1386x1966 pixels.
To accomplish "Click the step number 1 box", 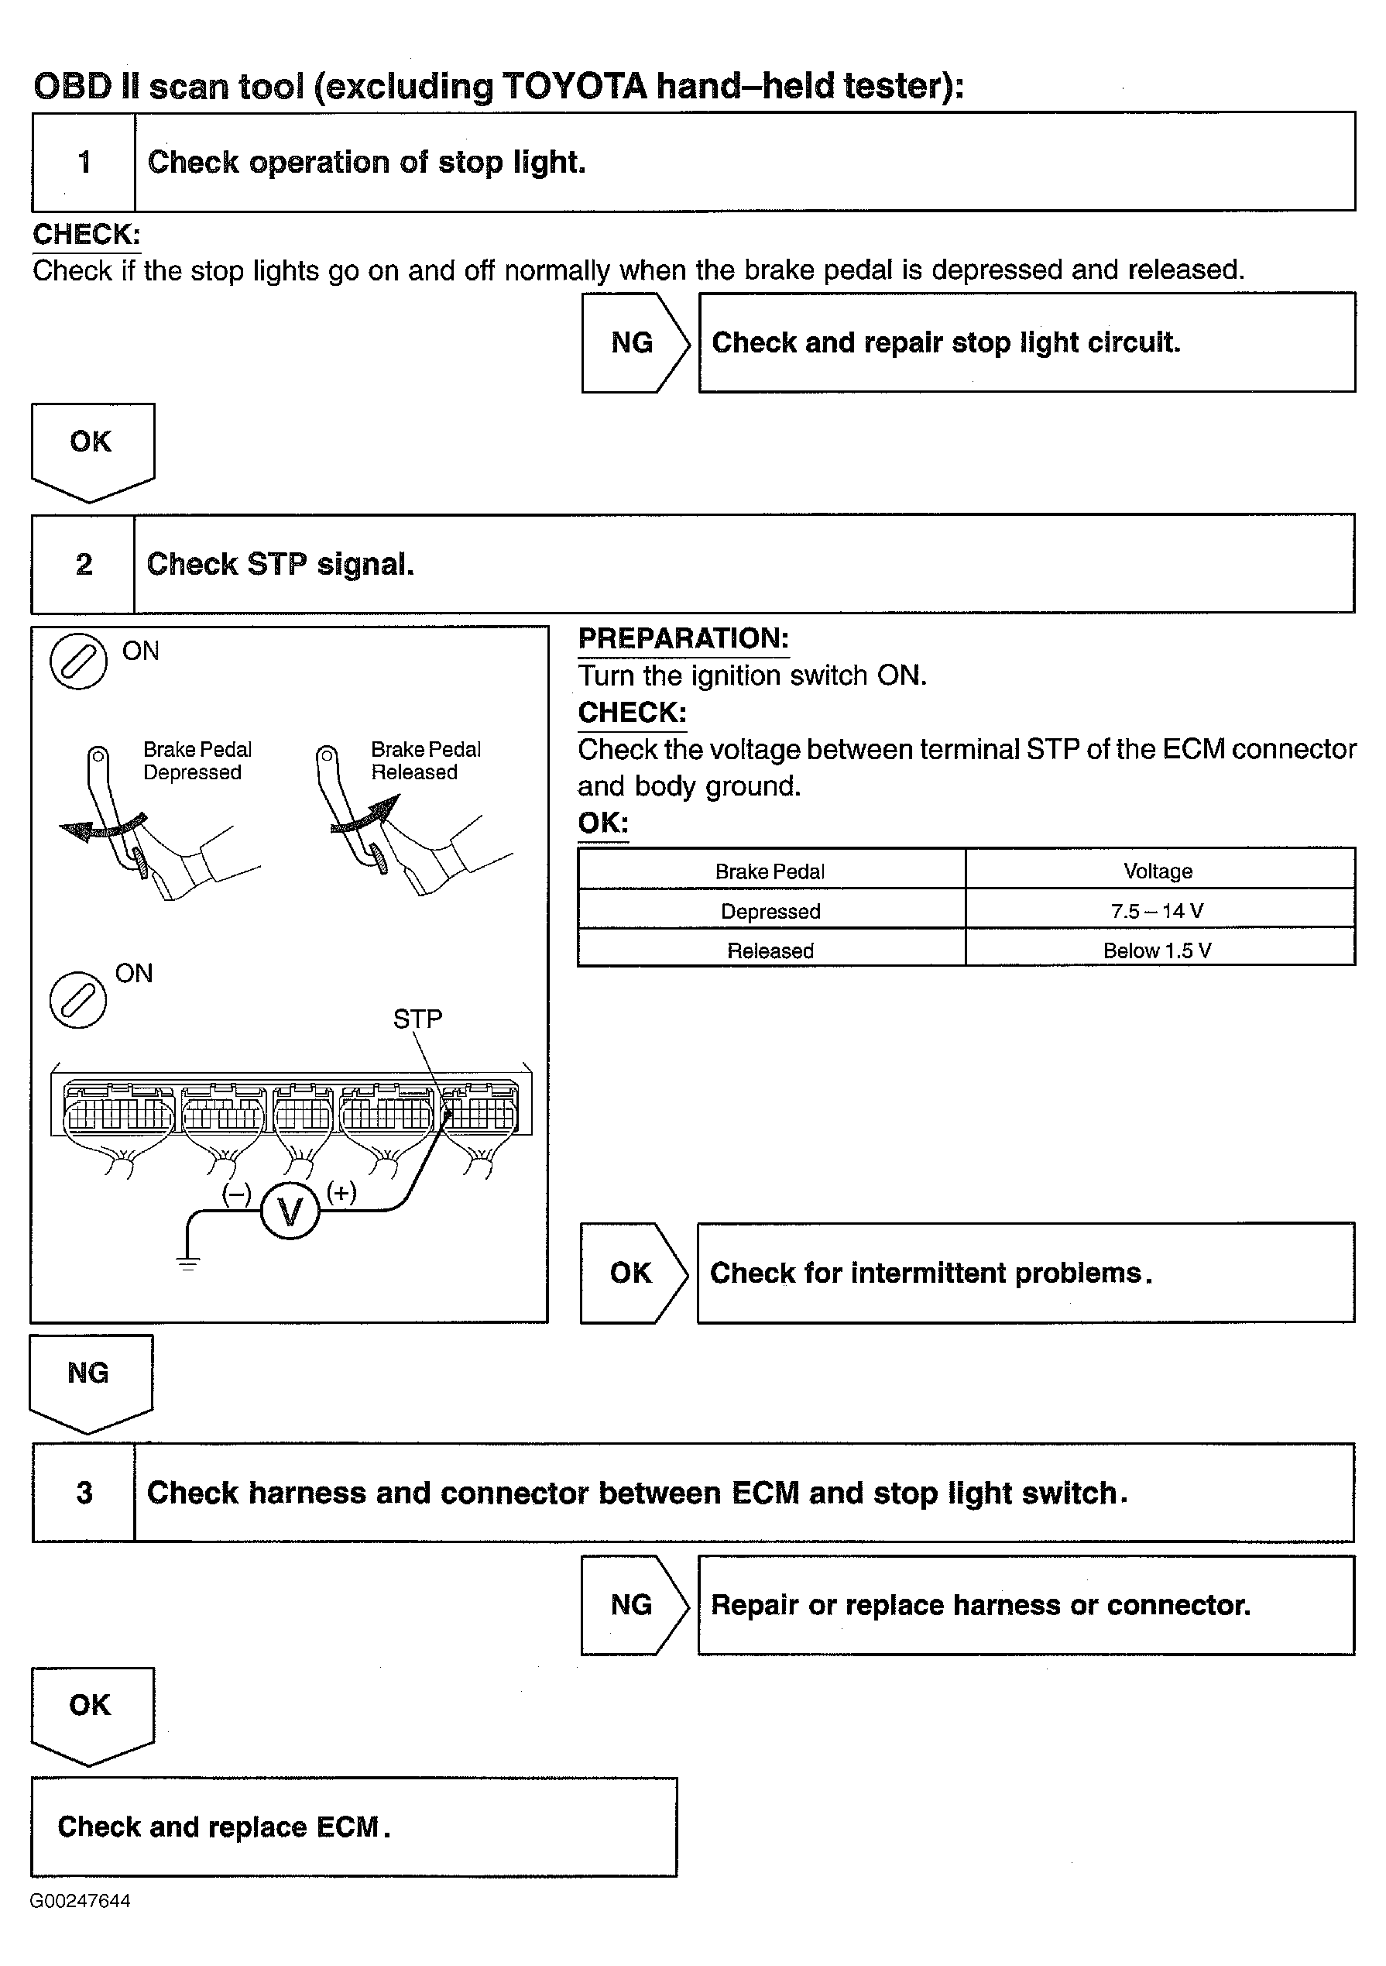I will pyautogui.click(x=84, y=162).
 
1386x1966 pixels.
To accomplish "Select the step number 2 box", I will pyautogui.click(x=83, y=564).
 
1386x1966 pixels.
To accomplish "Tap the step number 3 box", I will pyautogui.click(x=84, y=1493).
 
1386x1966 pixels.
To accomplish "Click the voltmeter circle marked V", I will pyautogui.click(x=290, y=1212).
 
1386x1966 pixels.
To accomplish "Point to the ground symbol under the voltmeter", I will pyautogui.click(x=187, y=1262).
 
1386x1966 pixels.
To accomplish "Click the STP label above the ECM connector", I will pyautogui.click(x=418, y=1019).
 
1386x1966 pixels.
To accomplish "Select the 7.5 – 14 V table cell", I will pyautogui.click(x=1159, y=910).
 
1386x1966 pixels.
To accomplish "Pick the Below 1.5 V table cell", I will pyautogui.click(x=1159, y=950).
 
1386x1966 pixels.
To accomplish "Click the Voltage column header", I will pyautogui.click(x=1159, y=871).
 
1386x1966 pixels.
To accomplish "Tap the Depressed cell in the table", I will pyautogui.click(x=770, y=910).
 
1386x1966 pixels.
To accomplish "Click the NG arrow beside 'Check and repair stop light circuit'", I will pyautogui.click(x=633, y=342).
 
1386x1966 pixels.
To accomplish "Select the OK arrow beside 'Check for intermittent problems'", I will pyautogui.click(x=632, y=1273).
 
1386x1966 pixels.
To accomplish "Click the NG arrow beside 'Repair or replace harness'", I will pyautogui.click(x=633, y=1605).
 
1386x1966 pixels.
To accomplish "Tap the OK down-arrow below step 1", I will pyautogui.click(x=91, y=448).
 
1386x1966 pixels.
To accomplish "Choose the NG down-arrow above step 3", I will pyautogui.click(x=89, y=1379).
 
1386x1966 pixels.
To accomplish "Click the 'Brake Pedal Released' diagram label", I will pyautogui.click(x=425, y=761).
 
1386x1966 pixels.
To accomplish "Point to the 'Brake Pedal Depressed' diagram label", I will pyautogui.click(x=197, y=761).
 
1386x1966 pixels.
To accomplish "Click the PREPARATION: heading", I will pyautogui.click(x=683, y=639).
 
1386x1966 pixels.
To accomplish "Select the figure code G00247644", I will pyautogui.click(x=80, y=1901).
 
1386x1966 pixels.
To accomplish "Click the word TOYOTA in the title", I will pyautogui.click(x=574, y=87).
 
